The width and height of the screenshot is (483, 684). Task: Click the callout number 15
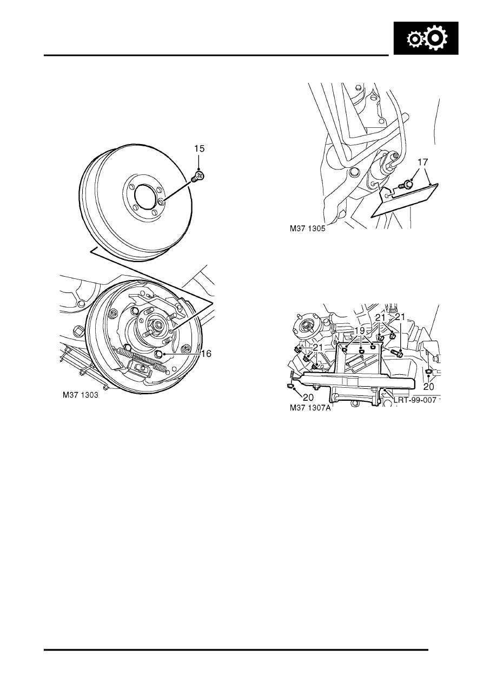(200, 149)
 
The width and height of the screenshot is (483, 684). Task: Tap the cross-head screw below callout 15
(197, 177)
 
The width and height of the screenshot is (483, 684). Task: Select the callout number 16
(206, 354)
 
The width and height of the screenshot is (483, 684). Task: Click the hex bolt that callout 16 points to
(158, 354)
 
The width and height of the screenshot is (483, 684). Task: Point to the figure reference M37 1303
(81, 395)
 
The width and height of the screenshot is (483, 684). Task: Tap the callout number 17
(423, 162)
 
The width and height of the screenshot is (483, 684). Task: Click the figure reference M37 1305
(308, 229)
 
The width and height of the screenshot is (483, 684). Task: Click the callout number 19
(360, 330)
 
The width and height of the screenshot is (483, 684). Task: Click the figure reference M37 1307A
(310, 408)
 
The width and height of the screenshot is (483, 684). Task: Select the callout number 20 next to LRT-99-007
(429, 387)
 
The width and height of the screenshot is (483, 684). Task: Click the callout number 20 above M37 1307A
(308, 398)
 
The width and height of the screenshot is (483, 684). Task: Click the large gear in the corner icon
(436, 38)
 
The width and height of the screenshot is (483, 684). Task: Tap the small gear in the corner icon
(414, 40)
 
